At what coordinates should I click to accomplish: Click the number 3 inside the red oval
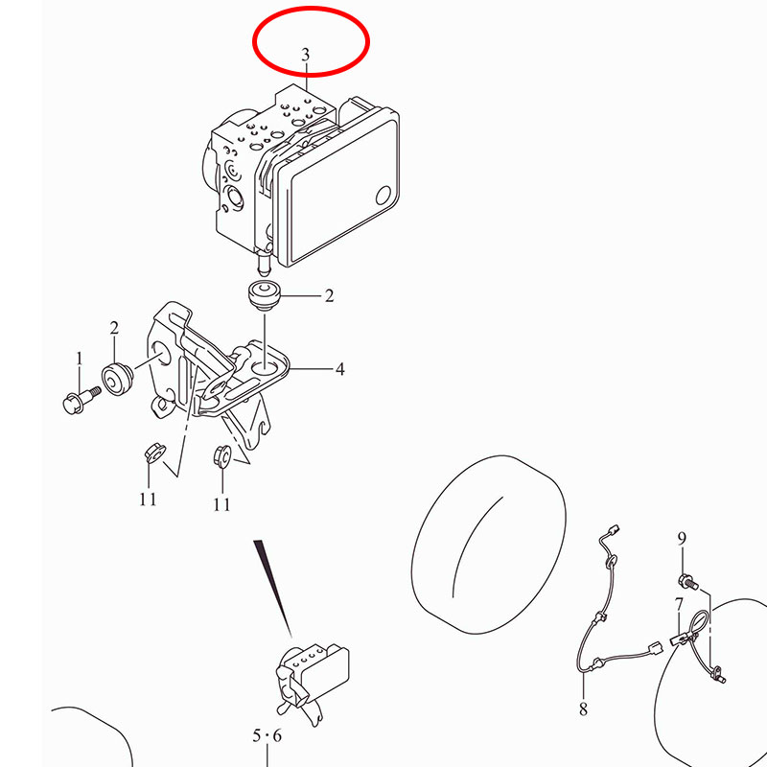point(306,55)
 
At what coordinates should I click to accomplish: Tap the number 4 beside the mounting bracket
point(340,369)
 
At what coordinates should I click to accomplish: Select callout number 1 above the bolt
point(80,359)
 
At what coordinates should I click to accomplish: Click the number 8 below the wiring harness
point(583,709)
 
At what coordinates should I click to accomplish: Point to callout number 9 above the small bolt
point(682,539)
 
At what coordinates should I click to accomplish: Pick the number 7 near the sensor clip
point(679,605)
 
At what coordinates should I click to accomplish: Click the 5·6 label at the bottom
point(267,735)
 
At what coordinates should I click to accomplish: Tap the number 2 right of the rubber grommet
point(329,295)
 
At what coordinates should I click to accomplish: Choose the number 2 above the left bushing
point(114,328)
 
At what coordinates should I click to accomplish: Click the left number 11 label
point(148,499)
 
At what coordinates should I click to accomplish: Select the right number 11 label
point(221,504)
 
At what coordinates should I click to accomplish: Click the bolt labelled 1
point(81,399)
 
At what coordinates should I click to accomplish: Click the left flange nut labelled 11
point(154,453)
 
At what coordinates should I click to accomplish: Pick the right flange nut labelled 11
point(222,456)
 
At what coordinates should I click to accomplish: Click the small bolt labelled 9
point(688,581)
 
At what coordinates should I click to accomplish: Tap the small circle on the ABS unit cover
point(384,196)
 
